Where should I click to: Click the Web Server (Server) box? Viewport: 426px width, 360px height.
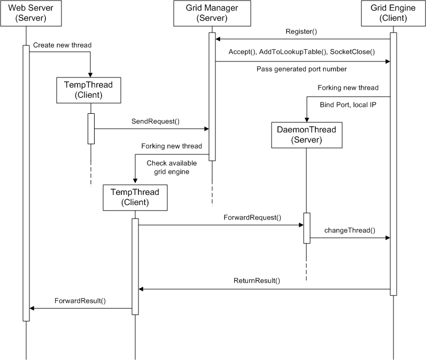coord(31,13)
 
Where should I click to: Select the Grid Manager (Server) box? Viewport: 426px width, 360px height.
coord(212,13)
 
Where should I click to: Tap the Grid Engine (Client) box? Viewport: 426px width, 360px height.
coord(393,13)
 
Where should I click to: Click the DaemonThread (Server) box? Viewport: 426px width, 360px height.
coord(307,135)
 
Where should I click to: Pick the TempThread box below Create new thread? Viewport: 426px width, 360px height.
coord(89,90)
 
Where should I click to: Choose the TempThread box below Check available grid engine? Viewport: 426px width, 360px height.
coord(135,198)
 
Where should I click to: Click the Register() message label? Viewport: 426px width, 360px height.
coord(301,32)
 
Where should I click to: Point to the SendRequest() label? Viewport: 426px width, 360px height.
coord(156,121)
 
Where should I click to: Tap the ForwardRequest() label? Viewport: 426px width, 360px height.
coord(252,218)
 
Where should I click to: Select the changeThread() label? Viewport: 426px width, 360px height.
coord(350,231)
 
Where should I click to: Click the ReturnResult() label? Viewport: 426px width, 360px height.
coord(257,281)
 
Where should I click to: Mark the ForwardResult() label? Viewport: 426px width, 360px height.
coord(80,301)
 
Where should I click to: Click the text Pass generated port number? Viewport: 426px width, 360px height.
coord(301,69)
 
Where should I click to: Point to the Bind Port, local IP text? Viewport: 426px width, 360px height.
coord(348,105)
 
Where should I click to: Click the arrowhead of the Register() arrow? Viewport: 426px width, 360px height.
coord(218,39)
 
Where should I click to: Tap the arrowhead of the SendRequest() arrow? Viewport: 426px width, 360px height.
coord(206,129)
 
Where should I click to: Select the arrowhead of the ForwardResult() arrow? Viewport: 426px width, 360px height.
coord(32,308)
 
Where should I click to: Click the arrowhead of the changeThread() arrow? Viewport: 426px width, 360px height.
coord(388,238)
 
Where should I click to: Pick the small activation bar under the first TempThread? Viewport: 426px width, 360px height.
coord(91,129)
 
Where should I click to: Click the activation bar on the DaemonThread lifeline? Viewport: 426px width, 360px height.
coord(307,228)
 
